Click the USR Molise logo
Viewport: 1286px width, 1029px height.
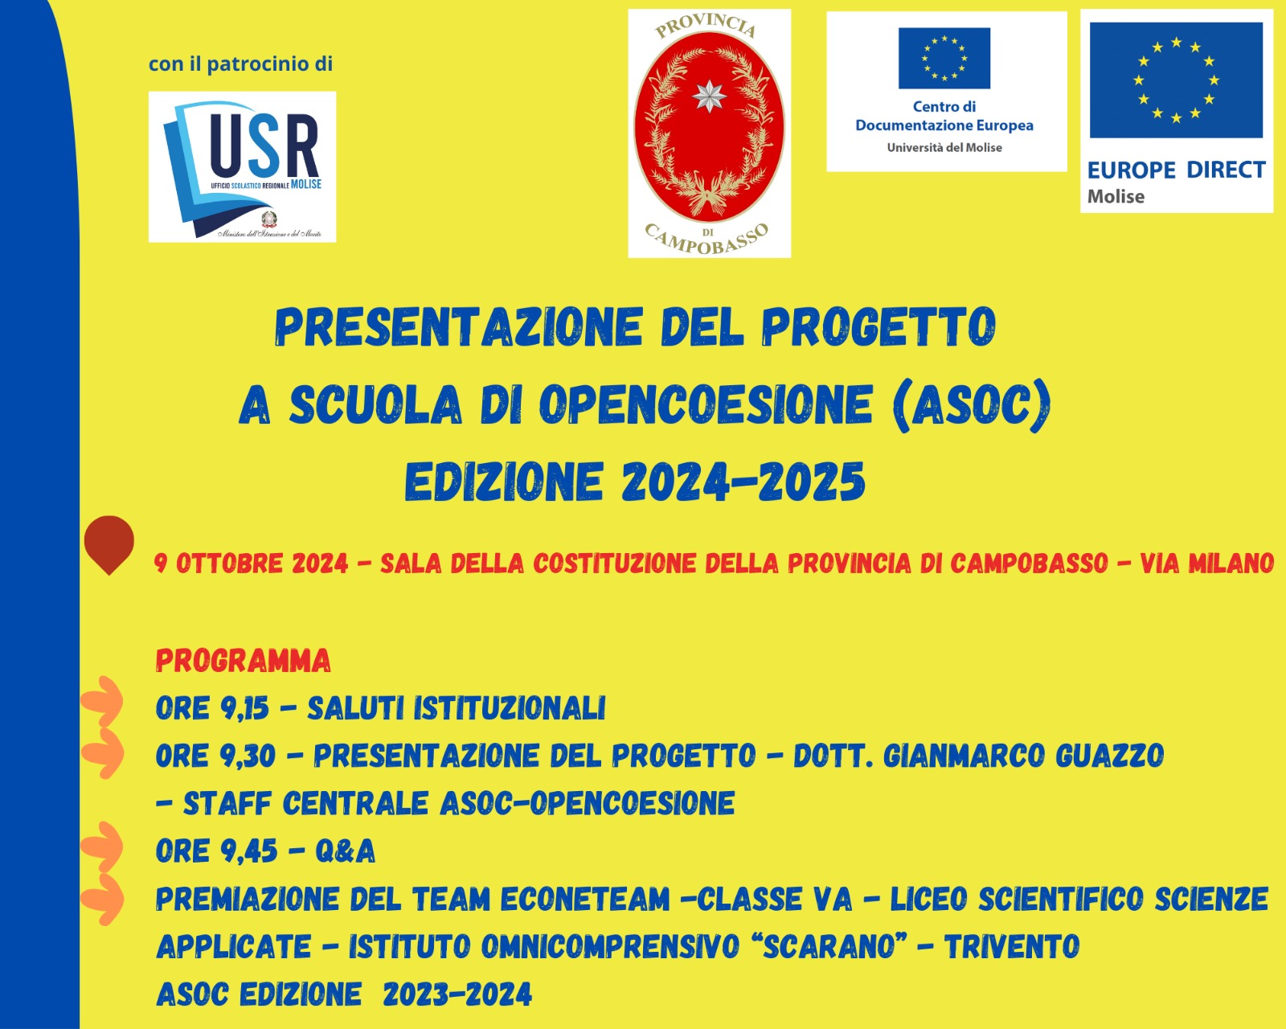(242, 167)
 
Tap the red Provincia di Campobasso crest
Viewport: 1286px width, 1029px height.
(710, 133)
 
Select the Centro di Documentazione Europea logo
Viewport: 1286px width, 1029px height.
(947, 92)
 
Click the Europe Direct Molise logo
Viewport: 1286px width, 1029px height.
(1177, 111)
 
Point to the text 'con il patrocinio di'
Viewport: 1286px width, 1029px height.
(240, 64)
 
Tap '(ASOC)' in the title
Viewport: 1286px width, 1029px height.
(971, 405)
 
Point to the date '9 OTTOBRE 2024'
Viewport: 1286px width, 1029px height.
(251, 564)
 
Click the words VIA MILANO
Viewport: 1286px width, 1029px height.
(1207, 564)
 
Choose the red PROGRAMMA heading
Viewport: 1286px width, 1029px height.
(244, 661)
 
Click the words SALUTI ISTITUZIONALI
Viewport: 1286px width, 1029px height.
(457, 708)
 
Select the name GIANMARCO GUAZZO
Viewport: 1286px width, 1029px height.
(1024, 756)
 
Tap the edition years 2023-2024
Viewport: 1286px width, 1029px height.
(457, 995)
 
